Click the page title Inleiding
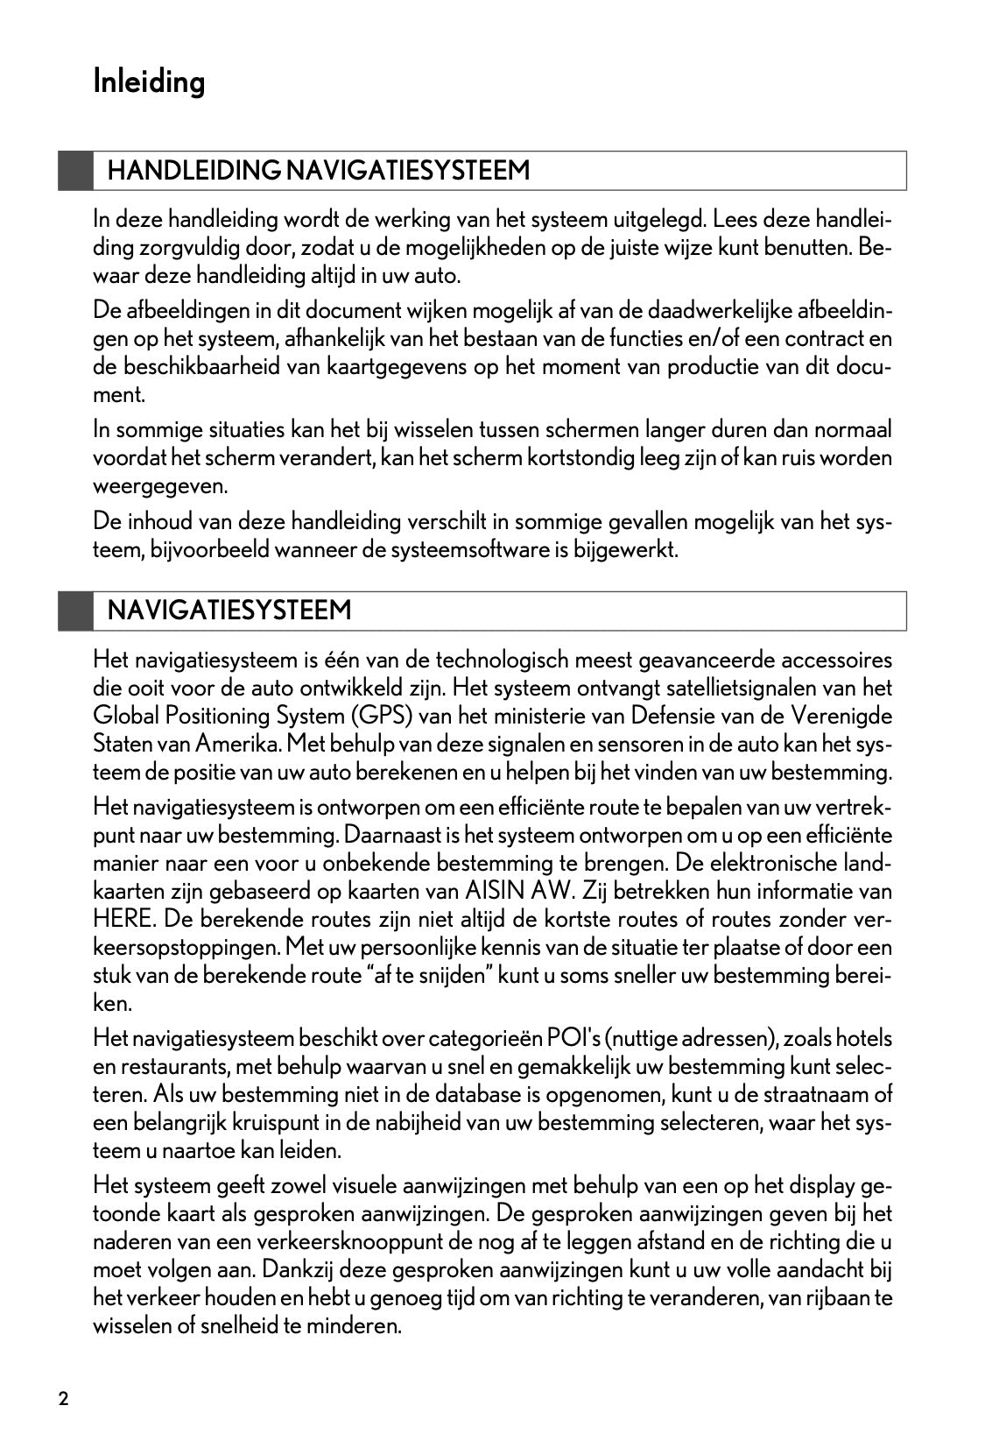[149, 82]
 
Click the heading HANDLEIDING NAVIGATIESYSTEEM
[319, 170]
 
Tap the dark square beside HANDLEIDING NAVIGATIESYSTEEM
[76, 170]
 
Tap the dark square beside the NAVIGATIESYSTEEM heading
[76, 611]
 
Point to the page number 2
[63, 1398]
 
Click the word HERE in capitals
[122, 920]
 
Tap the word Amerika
[237, 744]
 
